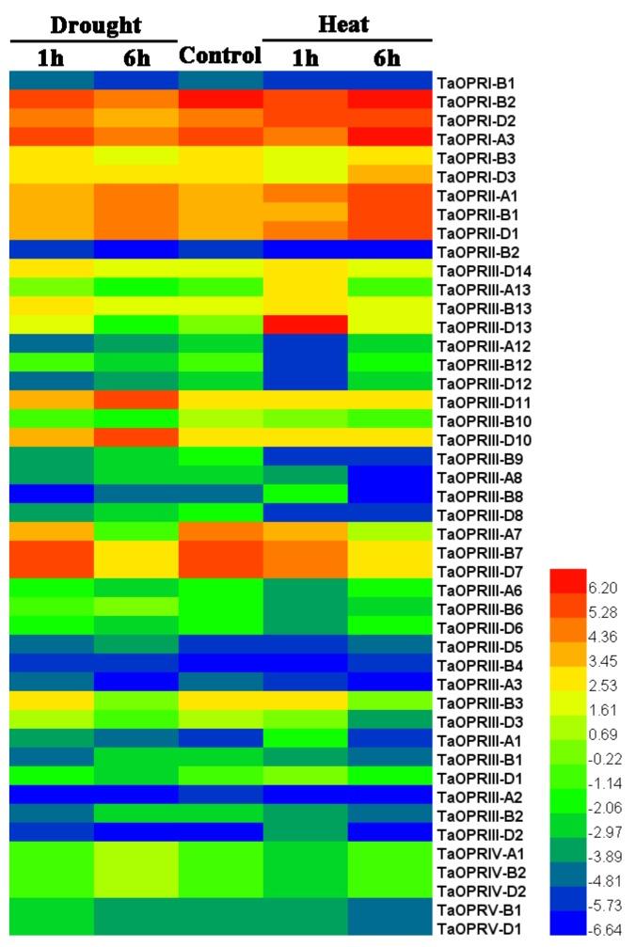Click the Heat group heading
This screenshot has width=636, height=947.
coord(343,24)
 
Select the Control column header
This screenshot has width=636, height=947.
coord(220,55)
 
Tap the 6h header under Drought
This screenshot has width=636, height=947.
coord(136,57)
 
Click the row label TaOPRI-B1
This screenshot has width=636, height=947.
coord(475,83)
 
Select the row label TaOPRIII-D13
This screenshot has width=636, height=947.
coord(485,327)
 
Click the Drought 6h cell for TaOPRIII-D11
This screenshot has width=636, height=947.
coord(136,401)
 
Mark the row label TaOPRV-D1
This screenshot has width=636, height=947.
coord(475,929)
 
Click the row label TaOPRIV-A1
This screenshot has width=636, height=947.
coord(480,854)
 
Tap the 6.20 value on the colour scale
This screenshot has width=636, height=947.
coord(602,587)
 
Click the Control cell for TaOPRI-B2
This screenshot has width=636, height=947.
coord(220,100)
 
